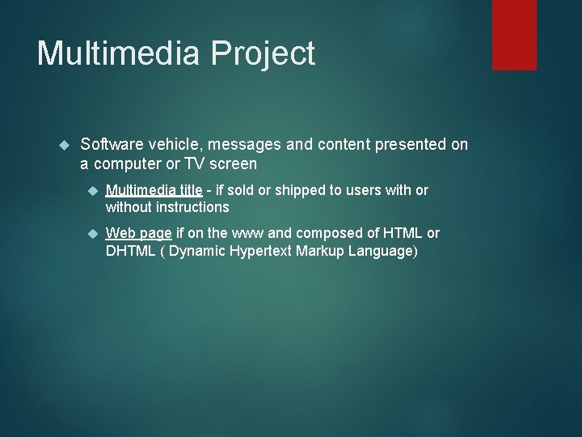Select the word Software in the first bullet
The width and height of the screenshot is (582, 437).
coord(112,144)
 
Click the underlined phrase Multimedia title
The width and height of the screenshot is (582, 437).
coord(154,190)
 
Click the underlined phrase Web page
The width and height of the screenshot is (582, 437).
coord(139,234)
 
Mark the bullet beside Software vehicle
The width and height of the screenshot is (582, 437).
coord(65,145)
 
